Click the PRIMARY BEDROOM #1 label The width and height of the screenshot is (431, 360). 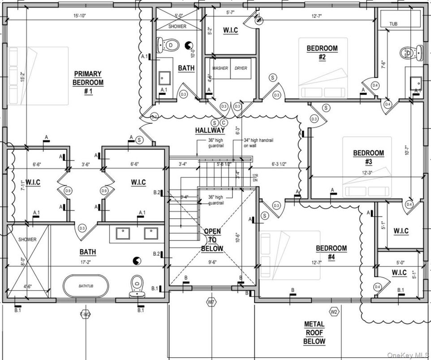tap(88, 82)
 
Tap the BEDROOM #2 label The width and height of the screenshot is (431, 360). tap(322, 52)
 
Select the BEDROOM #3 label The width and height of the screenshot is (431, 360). tap(368, 157)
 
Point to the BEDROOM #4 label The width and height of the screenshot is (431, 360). tap(331, 252)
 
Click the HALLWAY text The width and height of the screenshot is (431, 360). tap(210, 130)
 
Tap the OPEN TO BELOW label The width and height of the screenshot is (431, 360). tap(212, 240)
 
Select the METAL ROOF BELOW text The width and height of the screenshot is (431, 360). tap(314, 332)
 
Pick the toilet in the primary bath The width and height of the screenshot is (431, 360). tap(136, 287)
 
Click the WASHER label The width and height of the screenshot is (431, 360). tap(220, 68)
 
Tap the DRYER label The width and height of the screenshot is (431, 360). tap(241, 68)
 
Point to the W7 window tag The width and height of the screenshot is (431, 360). tap(211, 303)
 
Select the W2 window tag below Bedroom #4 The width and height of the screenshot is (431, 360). tap(334, 311)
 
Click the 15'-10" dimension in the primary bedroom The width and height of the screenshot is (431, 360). tap(80, 16)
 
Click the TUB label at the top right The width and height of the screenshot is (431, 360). tap(393, 24)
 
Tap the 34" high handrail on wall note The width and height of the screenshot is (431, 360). tap(258, 143)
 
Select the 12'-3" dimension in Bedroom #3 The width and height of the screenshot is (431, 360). tap(363, 172)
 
